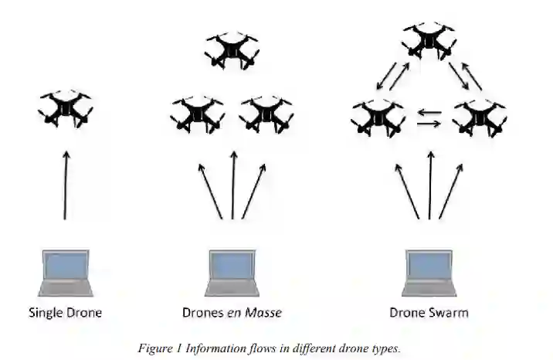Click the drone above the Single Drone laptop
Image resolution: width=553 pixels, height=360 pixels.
click(x=66, y=110)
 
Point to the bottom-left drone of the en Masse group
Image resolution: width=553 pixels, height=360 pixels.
click(x=198, y=114)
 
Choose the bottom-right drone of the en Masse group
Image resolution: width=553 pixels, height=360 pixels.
click(x=266, y=114)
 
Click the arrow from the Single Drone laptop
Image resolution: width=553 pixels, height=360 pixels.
click(x=66, y=185)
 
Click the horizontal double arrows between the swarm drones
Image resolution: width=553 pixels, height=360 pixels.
click(x=429, y=117)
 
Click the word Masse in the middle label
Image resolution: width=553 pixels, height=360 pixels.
click(x=263, y=313)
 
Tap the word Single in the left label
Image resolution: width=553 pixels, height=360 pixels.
click(x=46, y=314)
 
